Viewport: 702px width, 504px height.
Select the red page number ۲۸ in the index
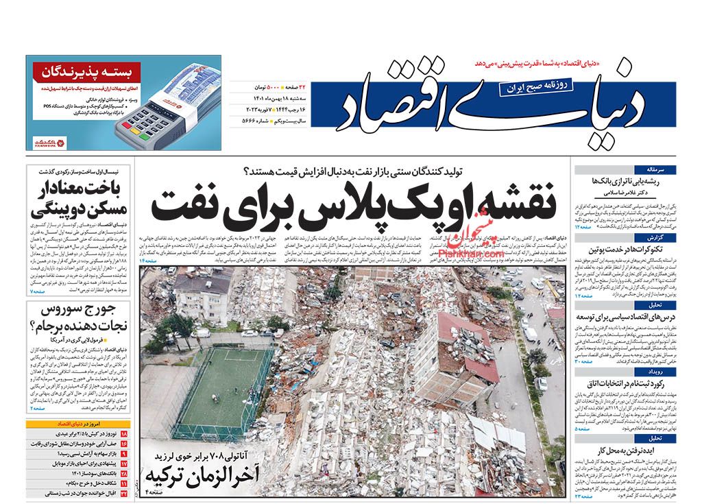[x=124, y=473]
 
